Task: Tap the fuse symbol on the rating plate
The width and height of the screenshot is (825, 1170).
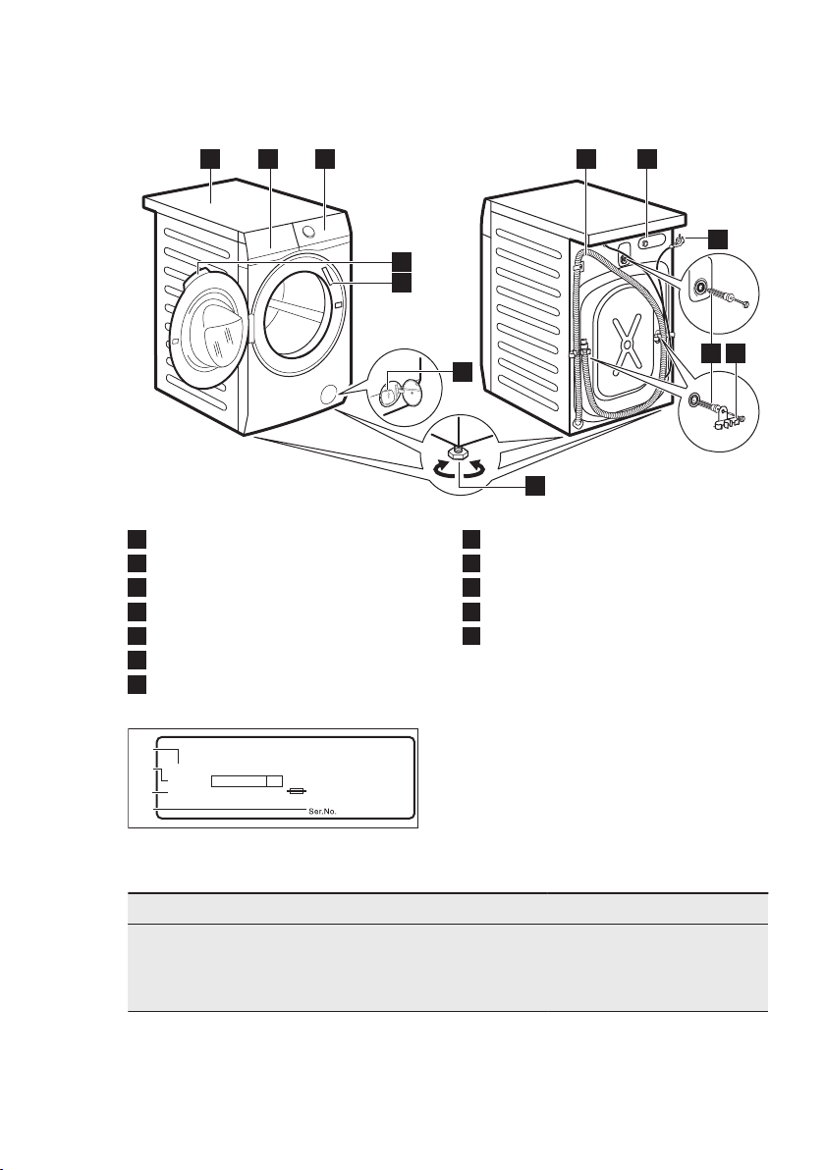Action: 296,790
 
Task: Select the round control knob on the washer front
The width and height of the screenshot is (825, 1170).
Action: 308,232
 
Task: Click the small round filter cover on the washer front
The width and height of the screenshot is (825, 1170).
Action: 327,395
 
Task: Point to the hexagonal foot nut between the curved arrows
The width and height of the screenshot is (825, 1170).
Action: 459,452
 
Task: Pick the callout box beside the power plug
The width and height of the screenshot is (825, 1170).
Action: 719,238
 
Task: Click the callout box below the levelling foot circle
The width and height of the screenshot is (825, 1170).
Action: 534,486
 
